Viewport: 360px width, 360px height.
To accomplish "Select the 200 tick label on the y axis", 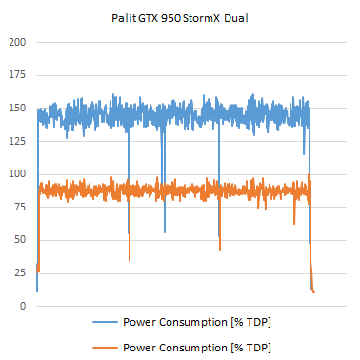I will pos(16,43).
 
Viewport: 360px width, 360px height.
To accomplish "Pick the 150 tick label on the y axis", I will pos(16,109).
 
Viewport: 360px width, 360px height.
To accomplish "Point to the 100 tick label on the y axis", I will pos(16,174).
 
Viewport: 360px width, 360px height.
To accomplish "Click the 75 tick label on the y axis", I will pos(19,208).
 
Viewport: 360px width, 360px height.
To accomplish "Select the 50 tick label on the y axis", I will pos(19,240).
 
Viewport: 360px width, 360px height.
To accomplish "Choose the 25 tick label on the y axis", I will pos(19,273).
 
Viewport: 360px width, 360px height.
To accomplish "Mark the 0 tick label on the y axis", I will pos(22,306).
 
